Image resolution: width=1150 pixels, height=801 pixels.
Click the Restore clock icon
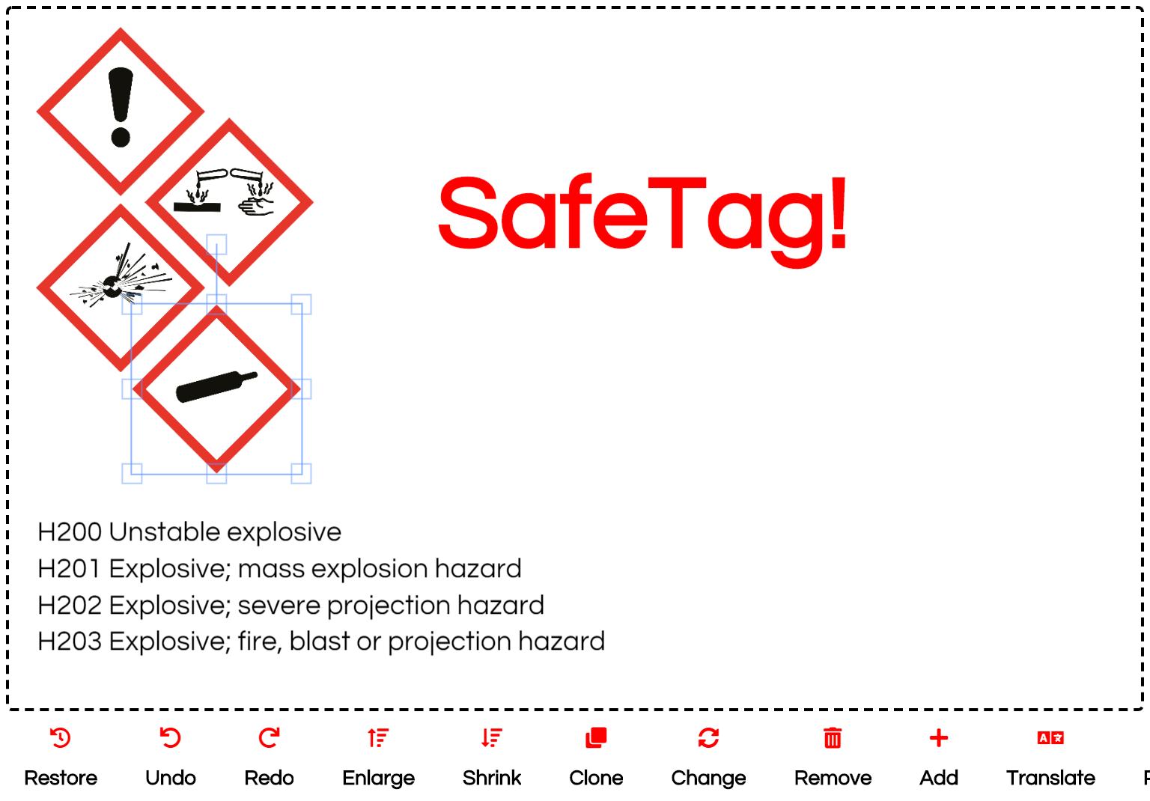[61, 738]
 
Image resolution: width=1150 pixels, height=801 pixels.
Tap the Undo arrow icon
[171, 738]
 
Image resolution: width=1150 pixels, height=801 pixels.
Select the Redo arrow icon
[269, 738]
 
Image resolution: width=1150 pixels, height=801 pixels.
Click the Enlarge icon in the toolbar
[378, 738]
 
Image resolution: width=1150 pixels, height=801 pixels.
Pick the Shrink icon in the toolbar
[492, 738]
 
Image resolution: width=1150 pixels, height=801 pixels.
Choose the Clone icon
[596, 738]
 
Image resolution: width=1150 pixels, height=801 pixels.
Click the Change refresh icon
[708, 738]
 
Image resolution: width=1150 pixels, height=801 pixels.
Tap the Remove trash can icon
[833, 738]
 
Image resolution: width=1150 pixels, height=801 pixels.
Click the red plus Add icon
[938, 738]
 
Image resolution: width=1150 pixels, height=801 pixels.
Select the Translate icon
[1050, 738]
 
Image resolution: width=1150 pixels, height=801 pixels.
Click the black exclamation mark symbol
[121, 107]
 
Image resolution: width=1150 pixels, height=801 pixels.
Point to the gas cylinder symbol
[216, 386]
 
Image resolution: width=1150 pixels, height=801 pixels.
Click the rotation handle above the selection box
[216, 244]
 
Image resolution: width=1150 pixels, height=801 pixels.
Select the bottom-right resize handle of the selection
[302, 473]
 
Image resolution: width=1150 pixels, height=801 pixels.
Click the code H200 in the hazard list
[70, 532]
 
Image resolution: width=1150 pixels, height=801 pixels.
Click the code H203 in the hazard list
[70, 642]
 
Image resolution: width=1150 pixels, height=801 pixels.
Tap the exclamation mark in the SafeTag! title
[838, 213]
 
